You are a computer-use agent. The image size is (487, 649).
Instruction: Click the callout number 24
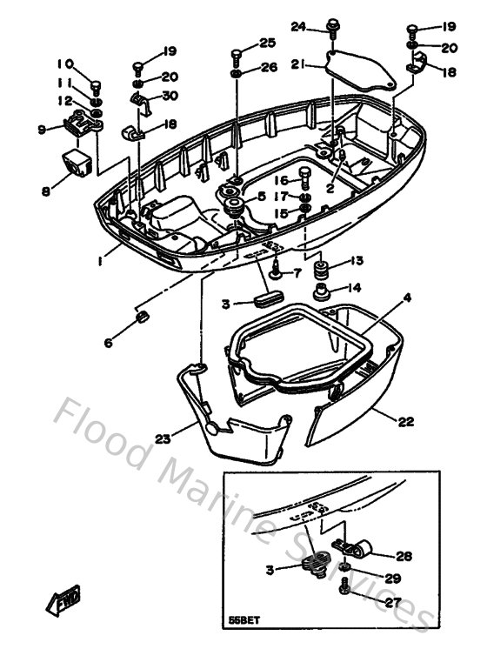coord(298,27)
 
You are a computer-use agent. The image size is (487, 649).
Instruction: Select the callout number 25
coord(266,43)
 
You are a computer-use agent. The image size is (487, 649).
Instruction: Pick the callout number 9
coord(41,130)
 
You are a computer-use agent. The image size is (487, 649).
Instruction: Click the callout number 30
coord(170,96)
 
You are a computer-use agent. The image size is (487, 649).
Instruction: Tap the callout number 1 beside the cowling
coord(101,259)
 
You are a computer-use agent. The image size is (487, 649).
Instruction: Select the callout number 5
coord(260,197)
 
